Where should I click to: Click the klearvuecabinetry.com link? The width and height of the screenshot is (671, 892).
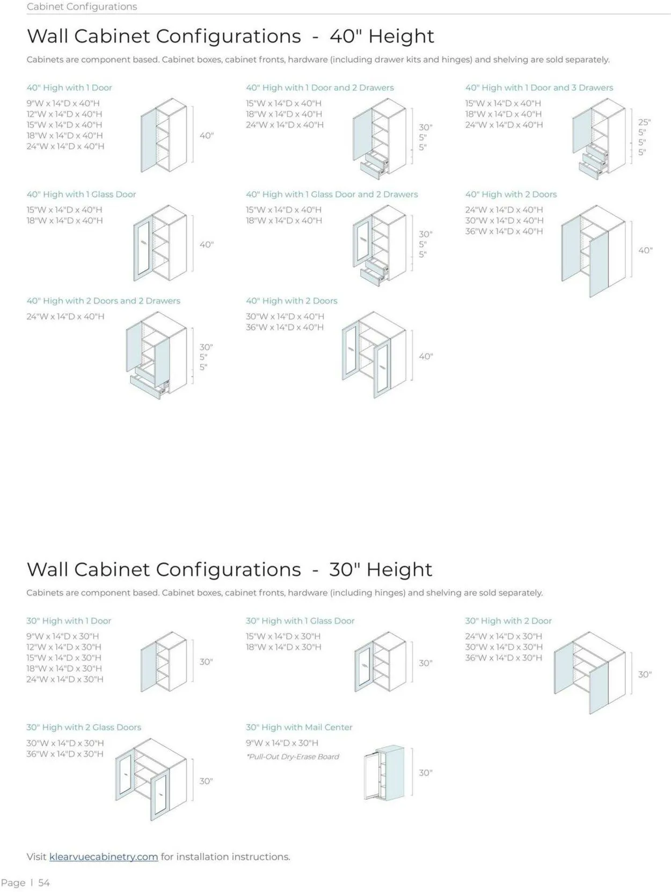[104, 857]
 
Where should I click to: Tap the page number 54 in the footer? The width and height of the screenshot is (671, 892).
[44, 883]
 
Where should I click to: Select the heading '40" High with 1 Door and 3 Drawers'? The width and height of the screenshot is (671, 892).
[539, 88]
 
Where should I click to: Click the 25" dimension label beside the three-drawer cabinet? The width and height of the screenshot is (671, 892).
[644, 122]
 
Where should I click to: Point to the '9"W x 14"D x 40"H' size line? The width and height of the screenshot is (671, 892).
[63, 103]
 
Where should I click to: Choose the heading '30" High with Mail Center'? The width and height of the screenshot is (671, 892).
[299, 727]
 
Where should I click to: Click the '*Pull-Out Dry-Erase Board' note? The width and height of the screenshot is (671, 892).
[293, 756]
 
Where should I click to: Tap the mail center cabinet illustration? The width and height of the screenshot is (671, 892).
[384, 773]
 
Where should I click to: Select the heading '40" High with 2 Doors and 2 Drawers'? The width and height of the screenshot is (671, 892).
[103, 301]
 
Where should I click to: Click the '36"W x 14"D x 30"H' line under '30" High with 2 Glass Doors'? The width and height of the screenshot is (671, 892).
[65, 754]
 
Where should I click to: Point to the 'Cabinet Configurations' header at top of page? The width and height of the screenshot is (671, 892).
[82, 6]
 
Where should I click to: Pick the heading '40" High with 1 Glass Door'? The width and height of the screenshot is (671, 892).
[81, 194]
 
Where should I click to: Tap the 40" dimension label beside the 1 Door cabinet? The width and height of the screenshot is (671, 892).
[206, 135]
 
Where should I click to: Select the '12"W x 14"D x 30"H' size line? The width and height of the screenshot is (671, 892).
[64, 647]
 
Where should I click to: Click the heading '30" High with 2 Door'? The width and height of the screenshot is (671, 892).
[508, 621]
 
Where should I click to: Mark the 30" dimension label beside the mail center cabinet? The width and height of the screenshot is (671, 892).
[426, 773]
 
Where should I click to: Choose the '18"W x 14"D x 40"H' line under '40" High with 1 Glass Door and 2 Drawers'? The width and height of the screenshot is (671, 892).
[284, 220]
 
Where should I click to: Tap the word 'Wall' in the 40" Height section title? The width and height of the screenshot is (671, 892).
[47, 36]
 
